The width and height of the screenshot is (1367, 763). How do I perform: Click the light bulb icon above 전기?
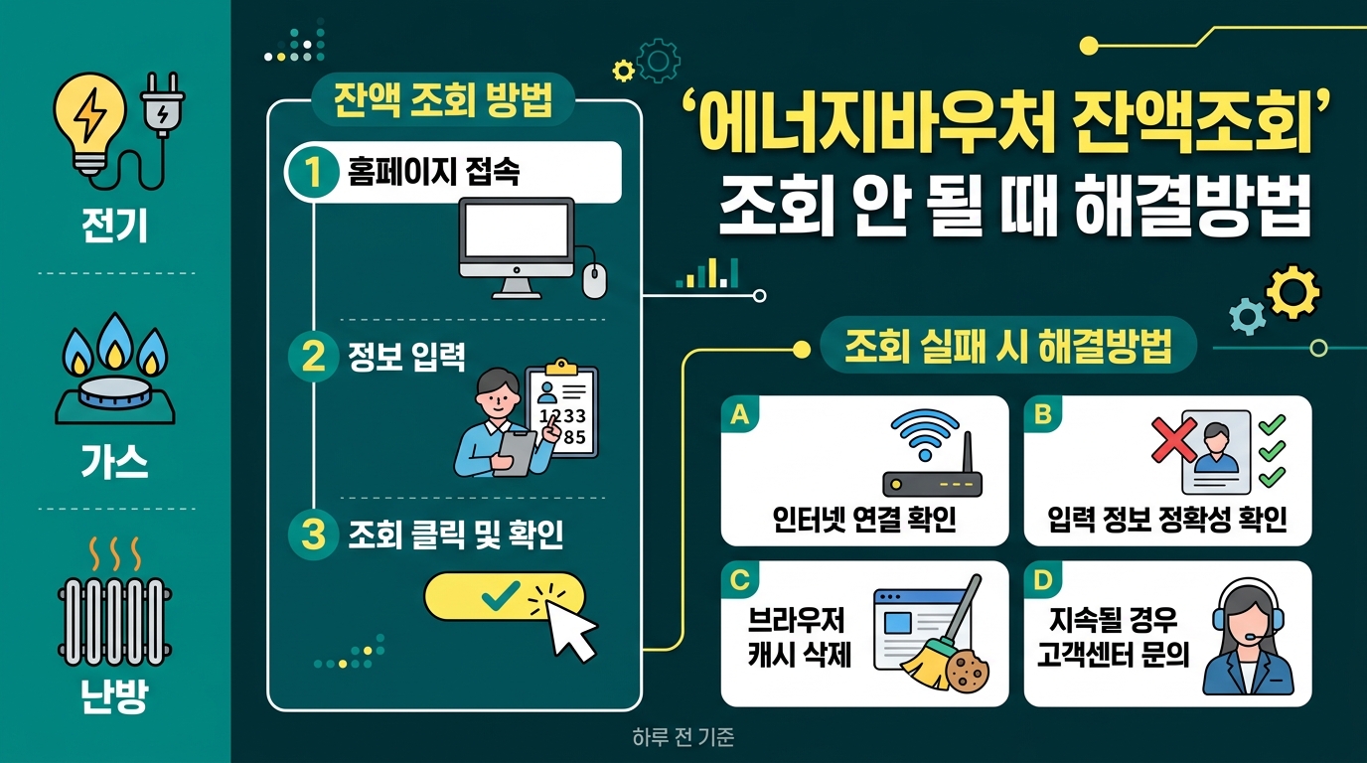(89, 123)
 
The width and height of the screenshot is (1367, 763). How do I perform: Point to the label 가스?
(114, 461)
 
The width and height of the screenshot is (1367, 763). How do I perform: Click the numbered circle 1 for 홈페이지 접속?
(313, 172)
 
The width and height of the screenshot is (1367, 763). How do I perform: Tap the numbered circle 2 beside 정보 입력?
(313, 357)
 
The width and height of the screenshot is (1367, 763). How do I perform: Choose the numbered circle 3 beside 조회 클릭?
(313, 534)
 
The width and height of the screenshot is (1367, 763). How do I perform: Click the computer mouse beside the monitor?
(594, 281)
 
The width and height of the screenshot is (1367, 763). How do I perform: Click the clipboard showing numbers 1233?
(562, 409)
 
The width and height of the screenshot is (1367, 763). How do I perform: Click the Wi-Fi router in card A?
(932, 453)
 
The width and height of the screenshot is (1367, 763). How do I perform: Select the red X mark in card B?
(1173, 439)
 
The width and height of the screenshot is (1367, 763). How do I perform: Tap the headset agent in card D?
(1248, 637)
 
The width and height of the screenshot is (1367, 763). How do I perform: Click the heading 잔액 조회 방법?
(444, 100)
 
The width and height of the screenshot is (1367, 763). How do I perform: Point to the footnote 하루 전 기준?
(683, 737)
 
